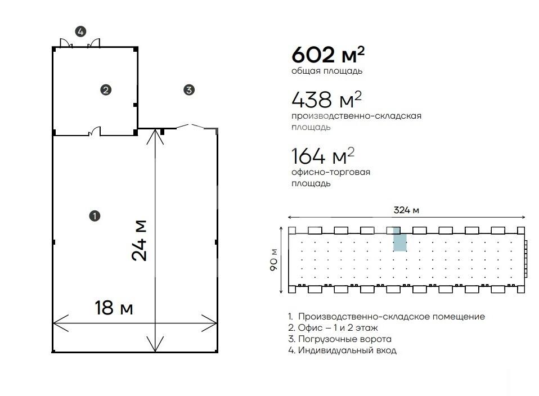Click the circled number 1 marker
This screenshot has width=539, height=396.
click(x=95, y=216)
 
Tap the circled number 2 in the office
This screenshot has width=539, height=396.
click(x=106, y=90)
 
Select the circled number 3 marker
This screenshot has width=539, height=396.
click(x=189, y=90)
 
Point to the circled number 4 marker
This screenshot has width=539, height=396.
click(x=80, y=31)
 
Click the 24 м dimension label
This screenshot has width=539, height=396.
click(x=139, y=240)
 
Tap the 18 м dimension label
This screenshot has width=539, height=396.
click(x=114, y=308)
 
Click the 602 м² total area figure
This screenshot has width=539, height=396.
click(x=328, y=55)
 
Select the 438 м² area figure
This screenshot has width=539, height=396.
click(x=326, y=100)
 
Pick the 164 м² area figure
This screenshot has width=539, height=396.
click(x=323, y=156)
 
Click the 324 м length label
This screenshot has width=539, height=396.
click(x=406, y=210)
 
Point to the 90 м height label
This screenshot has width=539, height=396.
click(x=273, y=259)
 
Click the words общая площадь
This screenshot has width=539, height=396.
click(x=327, y=71)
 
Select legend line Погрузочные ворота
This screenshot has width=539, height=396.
click(x=340, y=339)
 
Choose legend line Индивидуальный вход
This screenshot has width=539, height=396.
click(x=342, y=350)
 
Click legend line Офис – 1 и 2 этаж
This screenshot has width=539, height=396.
click(x=333, y=328)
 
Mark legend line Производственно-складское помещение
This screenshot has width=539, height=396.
click(x=387, y=317)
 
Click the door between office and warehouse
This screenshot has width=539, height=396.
click(x=95, y=132)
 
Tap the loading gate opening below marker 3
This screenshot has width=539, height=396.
click(x=190, y=127)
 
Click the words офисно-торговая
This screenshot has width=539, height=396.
click(x=331, y=172)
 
